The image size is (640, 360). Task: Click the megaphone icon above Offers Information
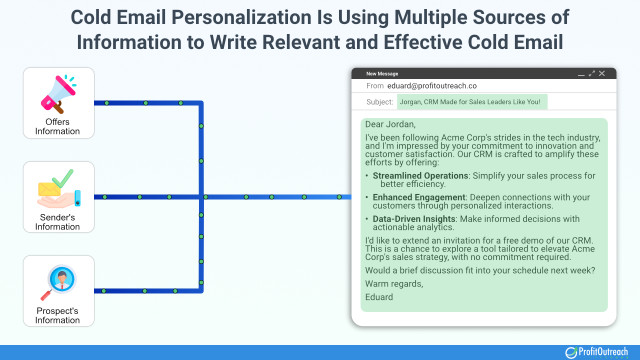[58, 93]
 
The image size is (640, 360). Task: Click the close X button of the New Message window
[602, 73]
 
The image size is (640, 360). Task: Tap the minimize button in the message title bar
[581, 74]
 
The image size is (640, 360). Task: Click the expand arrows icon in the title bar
[592, 73]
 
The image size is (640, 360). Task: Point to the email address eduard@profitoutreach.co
[431, 86]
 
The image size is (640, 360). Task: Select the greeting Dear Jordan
[390, 124]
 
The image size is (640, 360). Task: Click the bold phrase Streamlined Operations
[420, 175]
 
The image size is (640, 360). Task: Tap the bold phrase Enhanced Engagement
[419, 197]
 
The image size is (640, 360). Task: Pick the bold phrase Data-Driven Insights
[414, 218]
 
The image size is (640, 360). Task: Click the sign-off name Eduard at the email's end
[379, 297]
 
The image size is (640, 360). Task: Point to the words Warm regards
[393, 283]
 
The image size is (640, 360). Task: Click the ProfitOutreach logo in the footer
[596, 352]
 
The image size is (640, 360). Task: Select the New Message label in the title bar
[382, 74]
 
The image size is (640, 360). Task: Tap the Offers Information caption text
[57, 126]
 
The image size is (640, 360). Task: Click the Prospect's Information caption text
[57, 315]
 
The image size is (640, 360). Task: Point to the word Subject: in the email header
[379, 102]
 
